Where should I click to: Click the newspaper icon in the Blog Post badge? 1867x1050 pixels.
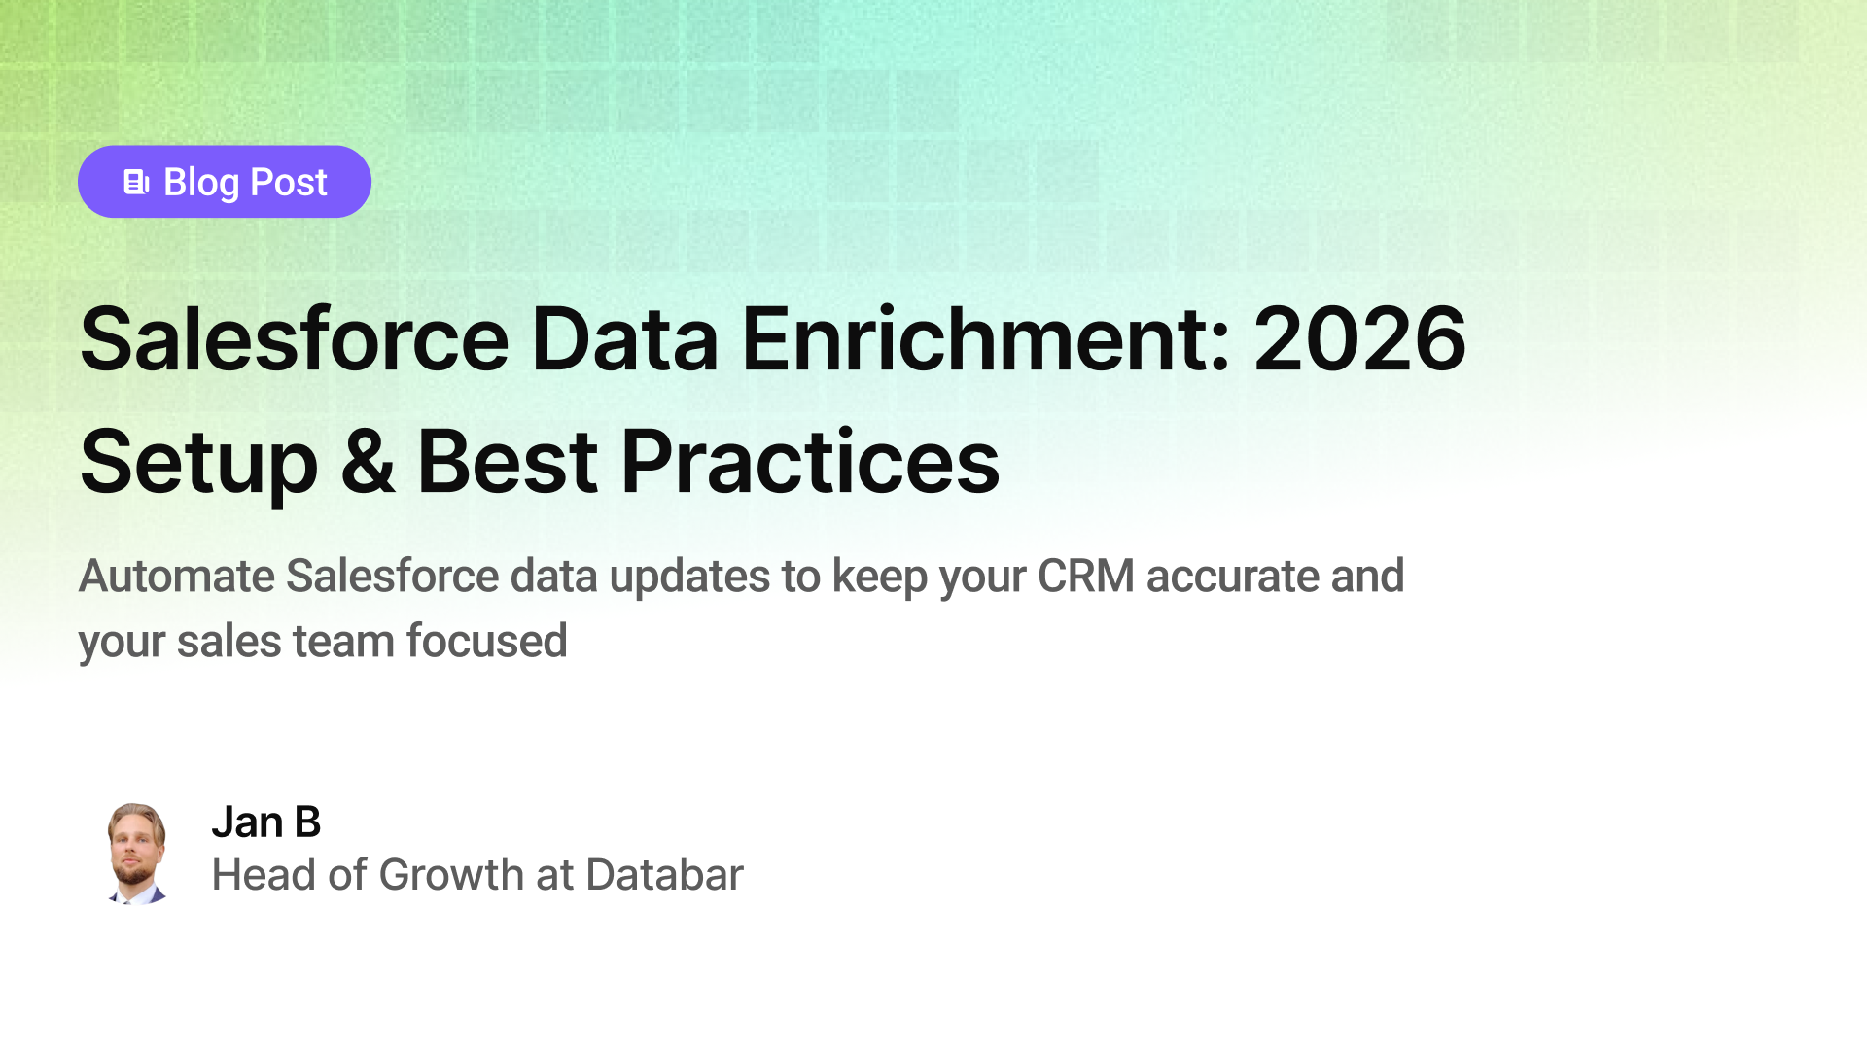(136, 182)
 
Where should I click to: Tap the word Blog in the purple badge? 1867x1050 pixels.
(201, 182)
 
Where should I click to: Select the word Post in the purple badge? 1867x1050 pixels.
(289, 182)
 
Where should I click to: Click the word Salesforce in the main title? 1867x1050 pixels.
(295, 339)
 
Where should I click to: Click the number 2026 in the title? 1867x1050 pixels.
(1359, 339)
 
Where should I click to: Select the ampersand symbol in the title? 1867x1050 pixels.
(368, 463)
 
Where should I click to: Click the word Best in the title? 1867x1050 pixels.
(507, 463)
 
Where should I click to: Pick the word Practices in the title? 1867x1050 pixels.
(810, 463)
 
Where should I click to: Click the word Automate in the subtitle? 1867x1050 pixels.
(176, 576)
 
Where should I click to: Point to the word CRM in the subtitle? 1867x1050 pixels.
(1085, 576)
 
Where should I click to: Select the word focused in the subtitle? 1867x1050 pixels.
(486, 642)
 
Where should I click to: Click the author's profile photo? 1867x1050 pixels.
(136, 854)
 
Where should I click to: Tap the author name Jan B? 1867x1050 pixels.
(265, 822)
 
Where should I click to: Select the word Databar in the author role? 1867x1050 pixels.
(664, 875)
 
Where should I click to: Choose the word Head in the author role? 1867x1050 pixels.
(264, 875)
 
